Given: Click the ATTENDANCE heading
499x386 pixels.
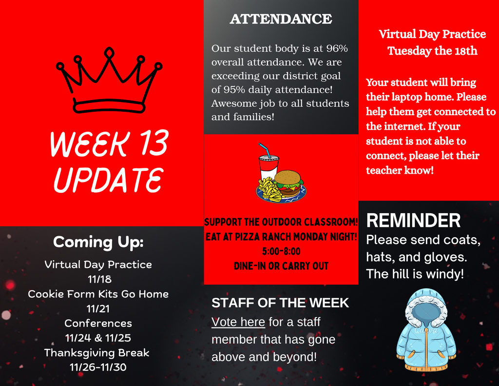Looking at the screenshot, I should (281, 19).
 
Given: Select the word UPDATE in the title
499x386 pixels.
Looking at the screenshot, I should (108, 179).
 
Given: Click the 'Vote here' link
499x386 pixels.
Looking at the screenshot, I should (238, 322).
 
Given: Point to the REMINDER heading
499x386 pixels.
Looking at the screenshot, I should (413, 221).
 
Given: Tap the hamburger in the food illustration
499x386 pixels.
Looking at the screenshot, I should (288, 183).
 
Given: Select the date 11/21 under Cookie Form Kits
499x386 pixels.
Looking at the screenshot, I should (98, 308).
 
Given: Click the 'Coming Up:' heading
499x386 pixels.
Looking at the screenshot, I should (98, 242).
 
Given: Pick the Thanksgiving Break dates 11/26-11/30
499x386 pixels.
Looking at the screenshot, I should (98, 367).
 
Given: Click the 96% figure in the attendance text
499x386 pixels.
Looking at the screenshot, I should (337, 49).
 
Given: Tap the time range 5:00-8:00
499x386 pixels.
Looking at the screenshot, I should (281, 252).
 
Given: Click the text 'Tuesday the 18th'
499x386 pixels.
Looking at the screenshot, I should (432, 51).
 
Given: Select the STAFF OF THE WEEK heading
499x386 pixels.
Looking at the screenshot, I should (280, 303).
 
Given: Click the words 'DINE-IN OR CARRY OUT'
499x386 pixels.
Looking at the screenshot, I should (281, 266).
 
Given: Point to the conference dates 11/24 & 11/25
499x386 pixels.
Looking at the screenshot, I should (98, 338).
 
